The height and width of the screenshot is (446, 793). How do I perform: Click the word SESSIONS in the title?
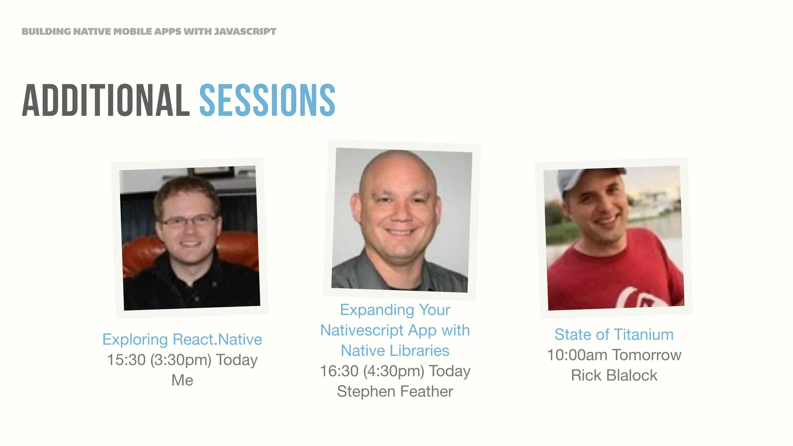tap(267, 100)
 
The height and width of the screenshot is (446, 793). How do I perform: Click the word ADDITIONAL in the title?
tap(106, 100)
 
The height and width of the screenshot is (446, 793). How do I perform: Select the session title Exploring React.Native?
tap(182, 340)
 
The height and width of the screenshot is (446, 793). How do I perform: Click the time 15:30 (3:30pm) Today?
tap(182, 360)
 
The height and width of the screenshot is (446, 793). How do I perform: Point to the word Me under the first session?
tap(182, 380)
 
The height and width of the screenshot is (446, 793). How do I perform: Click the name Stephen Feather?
tap(395, 391)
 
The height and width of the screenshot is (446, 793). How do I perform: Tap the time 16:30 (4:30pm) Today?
tap(395, 371)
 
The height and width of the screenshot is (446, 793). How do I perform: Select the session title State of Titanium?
tap(614, 334)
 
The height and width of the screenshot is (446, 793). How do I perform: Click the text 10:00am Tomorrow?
tap(614, 355)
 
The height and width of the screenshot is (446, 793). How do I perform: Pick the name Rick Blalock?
tap(614, 376)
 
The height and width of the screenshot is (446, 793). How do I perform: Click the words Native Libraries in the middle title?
tap(395, 351)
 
